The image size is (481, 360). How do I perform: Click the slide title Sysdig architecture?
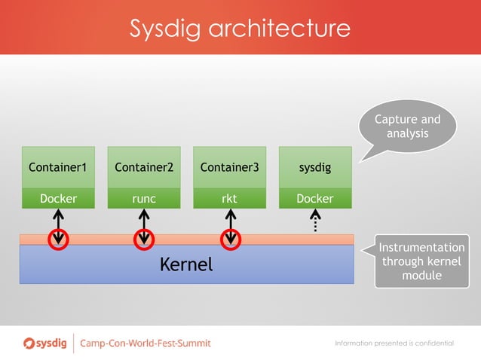pyautogui.click(x=240, y=29)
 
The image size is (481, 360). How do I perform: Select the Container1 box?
pyautogui.click(x=58, y=167)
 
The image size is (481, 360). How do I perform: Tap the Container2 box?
pyautogui.click(x=144, y=167)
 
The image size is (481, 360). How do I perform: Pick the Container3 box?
pyautogui.click(x=230, y=167)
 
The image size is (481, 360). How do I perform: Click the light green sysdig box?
pyautogui.click(x=315, y=167)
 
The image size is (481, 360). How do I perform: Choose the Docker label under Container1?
pyautogui.click(x=58, y=199)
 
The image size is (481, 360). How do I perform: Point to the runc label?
pyautogui.click(x=144, y=199)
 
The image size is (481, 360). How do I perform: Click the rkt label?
pyautogui.click(x=230, y=199)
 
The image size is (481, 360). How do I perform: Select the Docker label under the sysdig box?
pyautogui.click(x=315, y=199)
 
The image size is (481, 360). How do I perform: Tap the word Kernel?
pyautogui.click(x=186, y=265)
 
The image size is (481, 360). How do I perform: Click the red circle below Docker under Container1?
pyautogui.click(x=58, y=239)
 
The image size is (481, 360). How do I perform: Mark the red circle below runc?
pyautogui.click(x=144, y=239)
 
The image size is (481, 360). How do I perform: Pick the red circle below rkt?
pyautogui.click(x=230, y=239)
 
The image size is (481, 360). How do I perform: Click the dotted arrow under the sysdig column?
pyautogui.click(x=315, y=221)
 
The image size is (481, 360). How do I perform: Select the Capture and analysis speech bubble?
pyautogui.click(x=407, y=127)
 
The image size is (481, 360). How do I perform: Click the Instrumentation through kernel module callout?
pyautogui.click(x=421, y=261)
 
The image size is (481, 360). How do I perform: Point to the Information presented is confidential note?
pyautogui.click(x=394, y=343)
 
